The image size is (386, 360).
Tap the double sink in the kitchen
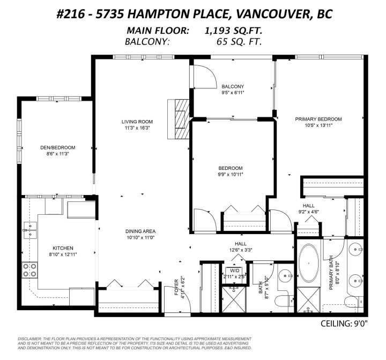click(x=29, y=233)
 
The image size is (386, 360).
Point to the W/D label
click(x=235, y=271)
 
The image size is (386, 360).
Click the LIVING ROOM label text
click(x=137, y=122)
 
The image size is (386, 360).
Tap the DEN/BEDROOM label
click(x=57, y=147)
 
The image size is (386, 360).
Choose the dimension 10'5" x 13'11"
click(x=318, y=126)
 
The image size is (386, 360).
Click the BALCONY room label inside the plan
click(x=233, y=87)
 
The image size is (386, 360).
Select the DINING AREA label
click(x=140, y=231)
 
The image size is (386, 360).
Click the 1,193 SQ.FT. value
click(x=233, y=32)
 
